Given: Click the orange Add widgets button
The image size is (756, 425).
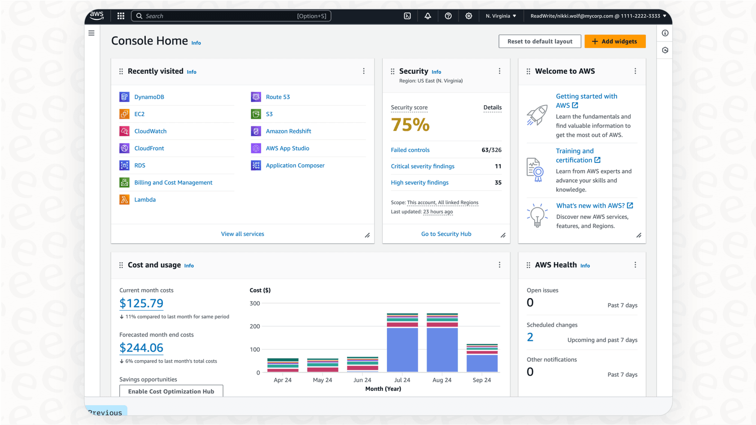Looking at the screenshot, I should (615, 41).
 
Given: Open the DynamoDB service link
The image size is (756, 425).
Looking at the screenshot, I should (149, 97).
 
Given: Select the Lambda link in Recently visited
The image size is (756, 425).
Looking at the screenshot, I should (145, 200).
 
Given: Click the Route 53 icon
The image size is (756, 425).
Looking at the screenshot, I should (256, 97).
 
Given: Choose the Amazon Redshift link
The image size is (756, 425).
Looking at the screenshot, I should (288, 131).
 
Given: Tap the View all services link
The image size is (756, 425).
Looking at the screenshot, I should (242, 234).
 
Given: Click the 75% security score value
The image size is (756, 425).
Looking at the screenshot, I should (410, 125).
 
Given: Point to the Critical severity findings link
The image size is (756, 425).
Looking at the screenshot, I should (422, 166).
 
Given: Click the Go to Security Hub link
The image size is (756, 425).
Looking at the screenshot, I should (446, 234).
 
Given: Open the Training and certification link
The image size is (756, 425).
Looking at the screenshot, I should (575, 156).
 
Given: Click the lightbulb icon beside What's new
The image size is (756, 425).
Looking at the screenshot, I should (537, 215).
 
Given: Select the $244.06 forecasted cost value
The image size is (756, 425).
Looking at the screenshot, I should (141, 348).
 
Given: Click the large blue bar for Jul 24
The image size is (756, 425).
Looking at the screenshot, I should (402, 349).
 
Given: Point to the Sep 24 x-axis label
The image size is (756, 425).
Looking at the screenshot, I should (481, 380).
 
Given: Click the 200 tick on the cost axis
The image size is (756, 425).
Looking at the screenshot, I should (255, 327).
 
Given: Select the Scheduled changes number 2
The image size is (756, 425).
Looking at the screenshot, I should (530, 337).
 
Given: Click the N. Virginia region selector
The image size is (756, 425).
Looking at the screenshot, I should (500, 16).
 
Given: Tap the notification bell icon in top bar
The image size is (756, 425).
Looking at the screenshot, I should (427, 16).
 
